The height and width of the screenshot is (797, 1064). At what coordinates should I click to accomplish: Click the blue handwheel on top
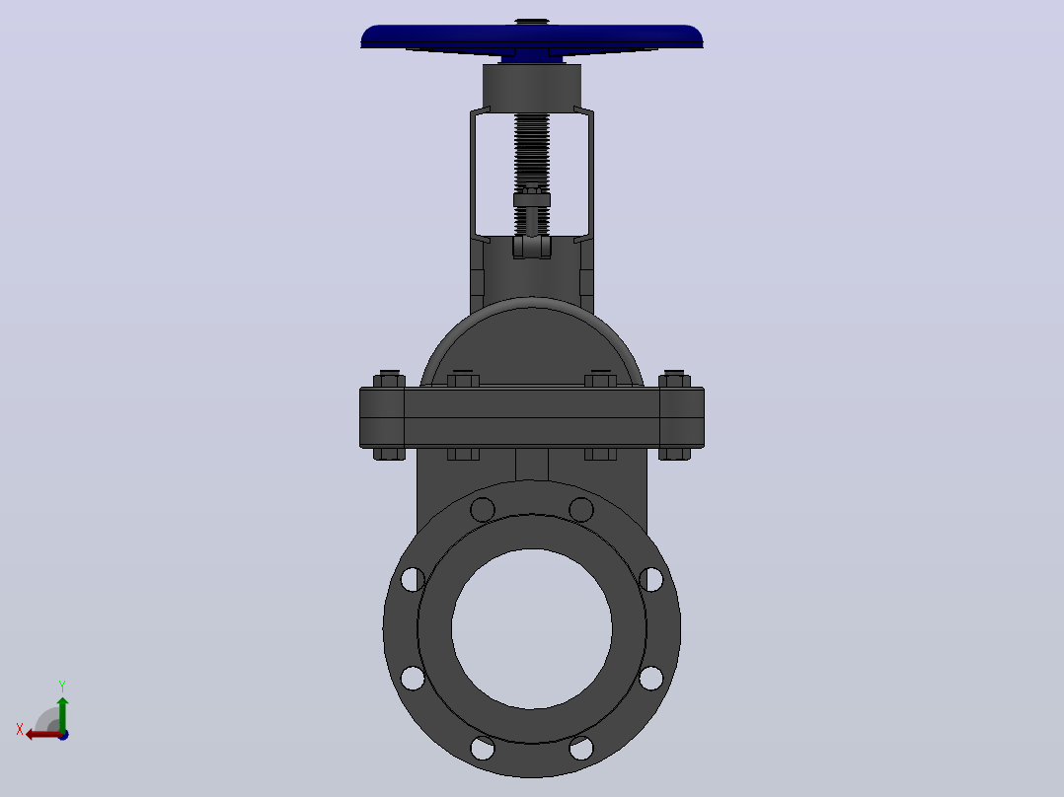(531, 39)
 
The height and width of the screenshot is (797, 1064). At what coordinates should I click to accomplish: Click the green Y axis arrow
(62, 713)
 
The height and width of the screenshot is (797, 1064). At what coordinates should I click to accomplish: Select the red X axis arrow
(43, 734)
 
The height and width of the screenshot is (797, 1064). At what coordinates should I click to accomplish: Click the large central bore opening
(532, 628)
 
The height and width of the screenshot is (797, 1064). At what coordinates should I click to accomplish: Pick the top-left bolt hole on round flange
(483, 509)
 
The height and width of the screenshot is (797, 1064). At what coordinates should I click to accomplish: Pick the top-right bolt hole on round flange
(581, 509)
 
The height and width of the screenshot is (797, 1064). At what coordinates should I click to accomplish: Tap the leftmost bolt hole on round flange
(413, 580)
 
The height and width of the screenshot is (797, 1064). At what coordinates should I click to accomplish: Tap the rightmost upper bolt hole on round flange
(651, 580)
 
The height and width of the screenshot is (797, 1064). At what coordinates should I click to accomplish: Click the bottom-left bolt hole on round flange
(483, 748)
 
